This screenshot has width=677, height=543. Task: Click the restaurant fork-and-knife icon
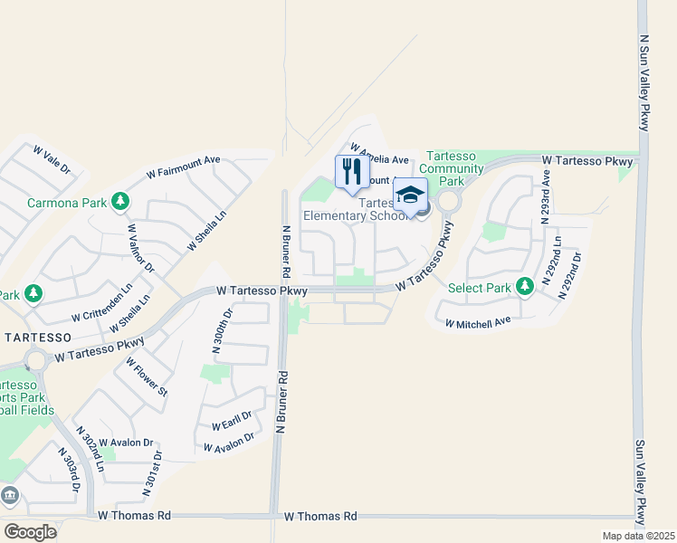coord(352,171)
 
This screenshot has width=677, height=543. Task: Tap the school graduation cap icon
coord(409,195)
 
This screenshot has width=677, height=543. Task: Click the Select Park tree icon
coord(524,287)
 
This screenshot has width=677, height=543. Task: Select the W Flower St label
coord(151,378)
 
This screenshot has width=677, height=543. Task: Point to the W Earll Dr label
coord(230,422)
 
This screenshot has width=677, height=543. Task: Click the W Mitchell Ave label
coord(478,321)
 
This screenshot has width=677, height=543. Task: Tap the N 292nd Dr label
coord(571,277)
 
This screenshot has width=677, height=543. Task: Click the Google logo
coord(30,531)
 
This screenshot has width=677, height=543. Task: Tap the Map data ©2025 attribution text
coord(638,536)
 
